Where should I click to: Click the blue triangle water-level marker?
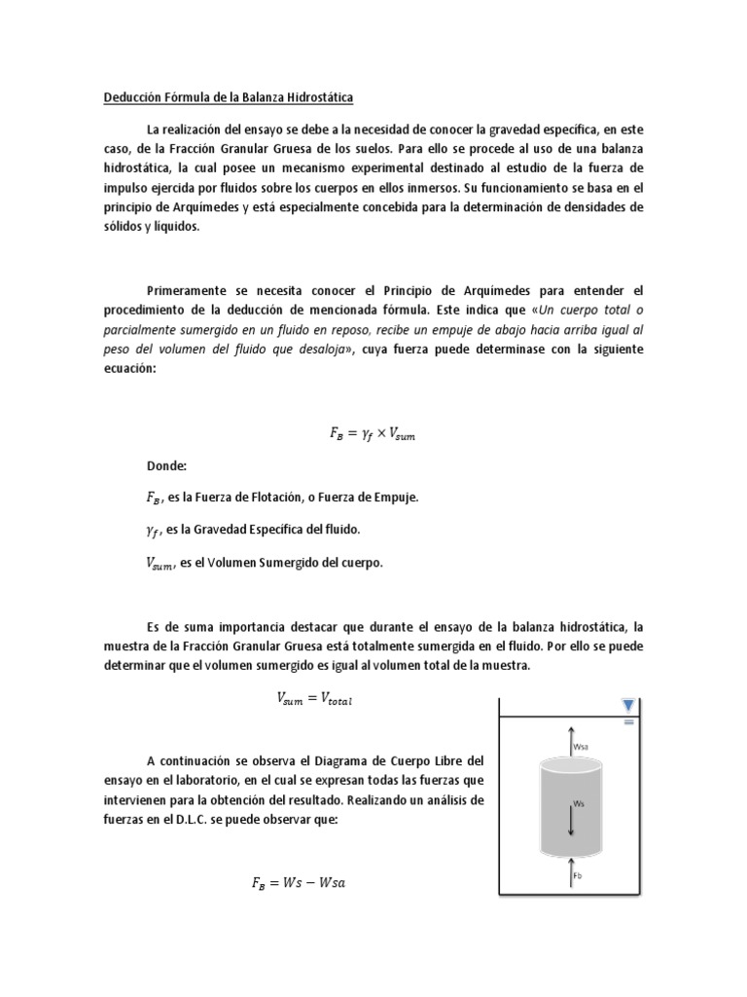627,705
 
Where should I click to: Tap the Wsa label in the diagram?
582,748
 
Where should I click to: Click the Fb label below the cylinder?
578,876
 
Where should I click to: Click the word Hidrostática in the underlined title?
317,97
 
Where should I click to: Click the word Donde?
166,466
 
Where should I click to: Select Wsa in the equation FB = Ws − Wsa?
331,884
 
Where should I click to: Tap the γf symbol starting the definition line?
153,530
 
